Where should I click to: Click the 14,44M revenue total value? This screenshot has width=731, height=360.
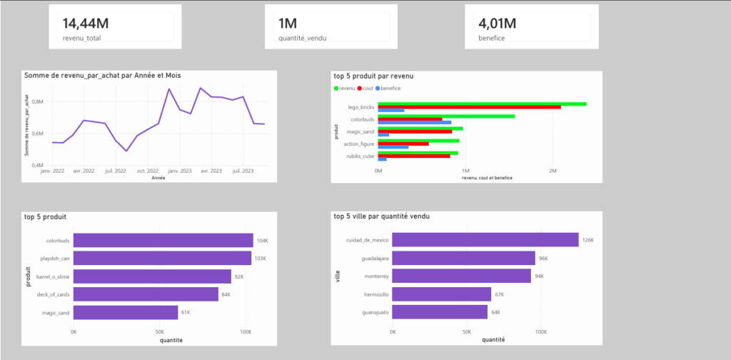86,24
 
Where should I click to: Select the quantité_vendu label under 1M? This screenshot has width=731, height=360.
303,39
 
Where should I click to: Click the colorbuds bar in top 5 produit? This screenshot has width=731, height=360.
163,241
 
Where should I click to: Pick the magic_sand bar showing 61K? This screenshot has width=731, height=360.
126,312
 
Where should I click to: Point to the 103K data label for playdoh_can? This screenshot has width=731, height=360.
260,259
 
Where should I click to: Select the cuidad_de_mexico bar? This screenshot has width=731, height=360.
485,240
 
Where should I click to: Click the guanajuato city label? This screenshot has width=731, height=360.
375,312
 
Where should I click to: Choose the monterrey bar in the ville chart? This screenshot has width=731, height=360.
462,276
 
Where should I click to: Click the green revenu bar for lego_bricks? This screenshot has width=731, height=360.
482,104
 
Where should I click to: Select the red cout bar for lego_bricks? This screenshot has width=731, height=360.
470,107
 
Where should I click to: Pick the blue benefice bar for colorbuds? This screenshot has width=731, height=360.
415,123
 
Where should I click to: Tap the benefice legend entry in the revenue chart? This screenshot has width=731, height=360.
388,88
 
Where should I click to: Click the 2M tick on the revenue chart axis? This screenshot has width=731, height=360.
553,171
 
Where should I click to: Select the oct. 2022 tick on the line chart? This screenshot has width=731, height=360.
147,171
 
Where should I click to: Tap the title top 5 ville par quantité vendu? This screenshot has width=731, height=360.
382,216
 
